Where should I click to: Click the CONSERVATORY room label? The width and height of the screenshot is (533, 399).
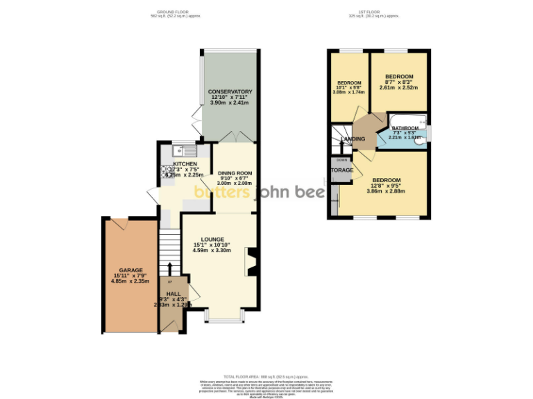(x=230, y=91)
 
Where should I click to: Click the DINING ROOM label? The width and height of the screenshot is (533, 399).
(x=235, y=173)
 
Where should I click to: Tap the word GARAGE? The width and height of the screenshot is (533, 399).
(x=130, y=270)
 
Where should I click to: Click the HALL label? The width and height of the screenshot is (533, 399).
(x=173, y=293)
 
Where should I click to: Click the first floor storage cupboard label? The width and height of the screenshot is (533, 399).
(x=341, y=170)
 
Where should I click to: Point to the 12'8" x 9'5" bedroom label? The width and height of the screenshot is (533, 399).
(x=386, y=179)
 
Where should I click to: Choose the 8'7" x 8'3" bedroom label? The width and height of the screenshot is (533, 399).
(x=399, y=76)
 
